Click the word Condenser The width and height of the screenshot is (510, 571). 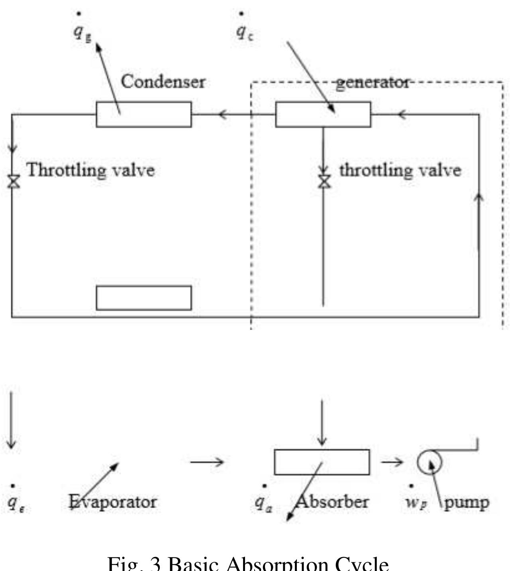pos(163,82)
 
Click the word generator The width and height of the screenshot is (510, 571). pos(373,83)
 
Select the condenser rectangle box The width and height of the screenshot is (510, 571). pos(143,115)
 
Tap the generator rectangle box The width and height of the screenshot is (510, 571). pos(323,115)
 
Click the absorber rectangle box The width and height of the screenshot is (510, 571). pos(322,462)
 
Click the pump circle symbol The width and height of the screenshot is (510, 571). pos(430,462)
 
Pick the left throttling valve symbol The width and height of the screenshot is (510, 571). pos(14,181)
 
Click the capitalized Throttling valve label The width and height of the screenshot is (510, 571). pos(90,170)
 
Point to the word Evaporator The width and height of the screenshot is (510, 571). pos(113,502)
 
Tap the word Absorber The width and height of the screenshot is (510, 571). pos(331,502)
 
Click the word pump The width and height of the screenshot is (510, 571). pos(467,503)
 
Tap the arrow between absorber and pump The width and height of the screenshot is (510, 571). pos(392,462)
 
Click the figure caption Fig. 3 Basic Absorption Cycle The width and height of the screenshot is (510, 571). pos(248,563)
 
